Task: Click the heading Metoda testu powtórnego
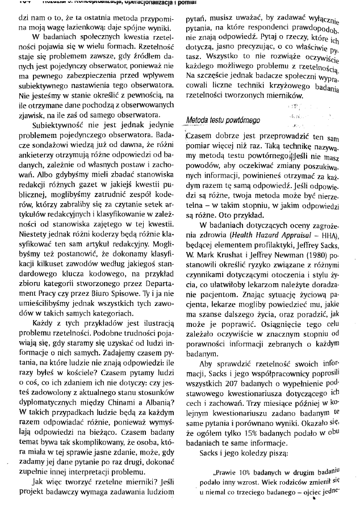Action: (224, 121)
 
